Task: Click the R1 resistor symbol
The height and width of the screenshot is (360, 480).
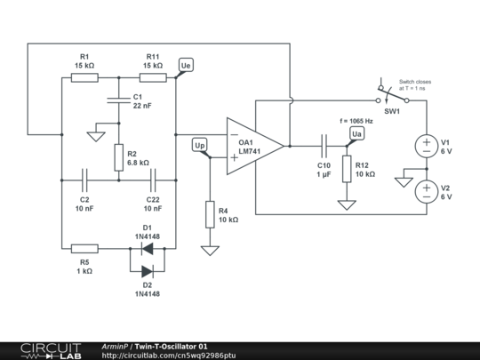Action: click(84, 77)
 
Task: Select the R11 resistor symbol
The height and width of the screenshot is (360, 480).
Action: click(153, 77)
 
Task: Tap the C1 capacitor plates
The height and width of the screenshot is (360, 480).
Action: click(119, 100)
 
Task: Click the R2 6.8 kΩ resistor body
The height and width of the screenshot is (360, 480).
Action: click(119, 157)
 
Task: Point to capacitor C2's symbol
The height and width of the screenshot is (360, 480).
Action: click(84, 180)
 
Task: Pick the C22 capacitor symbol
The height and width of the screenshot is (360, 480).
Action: click(153, 180)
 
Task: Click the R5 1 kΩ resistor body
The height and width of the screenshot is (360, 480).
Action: click(84, 249)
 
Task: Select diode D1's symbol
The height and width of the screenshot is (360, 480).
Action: click(148, 249)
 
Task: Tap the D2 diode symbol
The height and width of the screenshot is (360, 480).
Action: click(148, 271)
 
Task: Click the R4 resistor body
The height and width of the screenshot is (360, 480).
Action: click(210, 214)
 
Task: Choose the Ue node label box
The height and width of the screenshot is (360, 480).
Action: click(186, 65)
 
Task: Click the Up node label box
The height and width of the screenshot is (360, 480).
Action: click(200, 145)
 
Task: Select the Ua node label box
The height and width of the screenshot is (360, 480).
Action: click(357, 133)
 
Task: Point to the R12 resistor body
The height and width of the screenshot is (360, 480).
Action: click(347, 169)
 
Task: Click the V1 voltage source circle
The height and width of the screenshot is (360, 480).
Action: click(427, 147)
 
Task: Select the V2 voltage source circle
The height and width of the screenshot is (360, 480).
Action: click(427, 192)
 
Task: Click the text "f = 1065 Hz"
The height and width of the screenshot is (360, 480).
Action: click(356, 121)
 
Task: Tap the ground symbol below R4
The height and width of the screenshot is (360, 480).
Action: click(210, 251)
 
